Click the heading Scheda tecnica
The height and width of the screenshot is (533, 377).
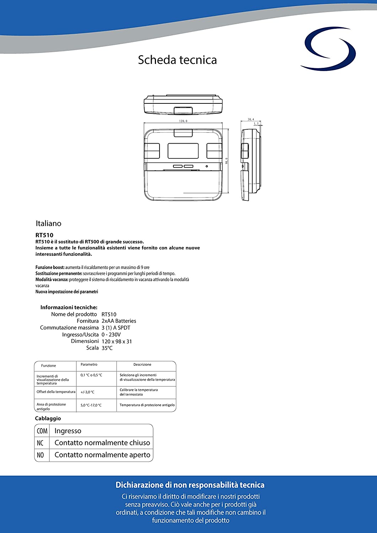(177, 60)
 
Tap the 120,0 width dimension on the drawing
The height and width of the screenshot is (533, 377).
(183, 121)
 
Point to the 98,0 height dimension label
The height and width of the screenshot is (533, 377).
(226, 161)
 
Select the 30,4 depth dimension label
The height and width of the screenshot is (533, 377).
(251, 119)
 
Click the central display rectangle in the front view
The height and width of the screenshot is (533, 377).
(183, 151)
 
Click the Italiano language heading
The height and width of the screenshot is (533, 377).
(48, 224)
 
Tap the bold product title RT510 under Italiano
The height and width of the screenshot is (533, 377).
(44, 235)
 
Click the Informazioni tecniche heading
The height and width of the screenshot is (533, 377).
(69, 307)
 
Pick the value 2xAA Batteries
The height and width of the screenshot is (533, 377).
(119, 321)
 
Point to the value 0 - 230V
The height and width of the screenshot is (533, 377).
(111, 334)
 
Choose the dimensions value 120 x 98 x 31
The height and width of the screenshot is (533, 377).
(117, 341)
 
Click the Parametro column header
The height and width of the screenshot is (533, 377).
(89, 365)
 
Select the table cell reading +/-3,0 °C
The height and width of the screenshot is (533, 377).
(87, 392)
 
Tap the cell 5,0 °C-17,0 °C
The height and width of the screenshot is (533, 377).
(91, 405)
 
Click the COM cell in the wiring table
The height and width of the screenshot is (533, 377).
(42, 431)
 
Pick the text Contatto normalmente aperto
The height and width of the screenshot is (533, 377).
(102, 455)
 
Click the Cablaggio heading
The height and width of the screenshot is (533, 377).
(48, 419)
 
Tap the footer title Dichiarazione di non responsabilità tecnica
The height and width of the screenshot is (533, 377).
(190, 485)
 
